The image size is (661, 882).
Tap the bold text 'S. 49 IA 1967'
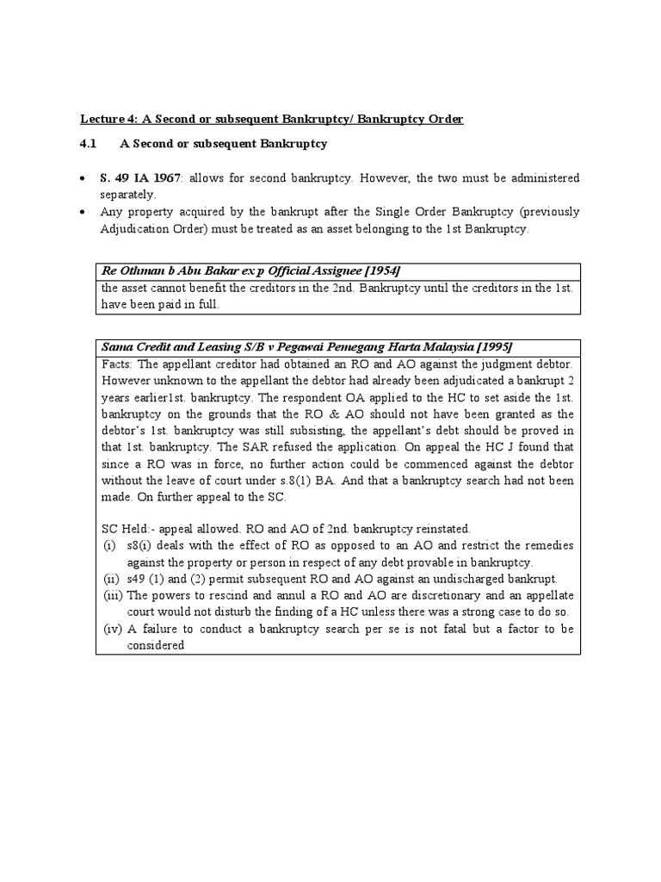(x=140, y=177)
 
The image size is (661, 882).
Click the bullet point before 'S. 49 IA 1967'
(x=83, y=178)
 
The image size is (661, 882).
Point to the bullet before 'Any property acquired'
(x=83, y=211)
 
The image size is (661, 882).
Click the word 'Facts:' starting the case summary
(x=118, y=363)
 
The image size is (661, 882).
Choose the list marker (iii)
(x=112, y=595)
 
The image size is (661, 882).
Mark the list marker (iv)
(x=112, y=629)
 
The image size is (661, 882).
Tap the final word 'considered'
(x=156, y=645)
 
